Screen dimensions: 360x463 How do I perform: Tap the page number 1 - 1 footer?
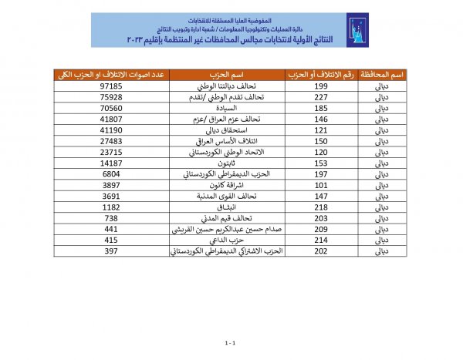229,340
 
